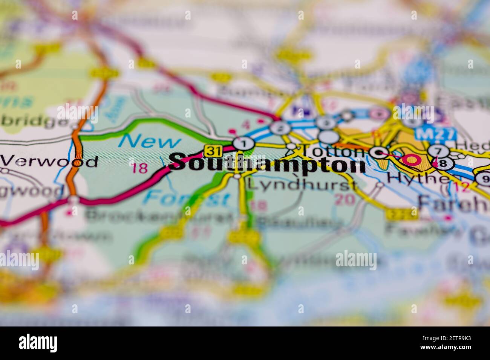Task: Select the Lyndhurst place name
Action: click(x=302, y=185)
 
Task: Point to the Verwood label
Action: click(x=49, y=161)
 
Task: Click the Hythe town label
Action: click(x=418, y=178)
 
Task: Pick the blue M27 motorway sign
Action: click(x=436, y=134)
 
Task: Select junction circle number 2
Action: click(x=278, y=128)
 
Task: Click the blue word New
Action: click(x=150, y=142)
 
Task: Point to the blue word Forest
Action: click(x=187, y=198)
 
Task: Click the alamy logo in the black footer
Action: click(x=38, y=343)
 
